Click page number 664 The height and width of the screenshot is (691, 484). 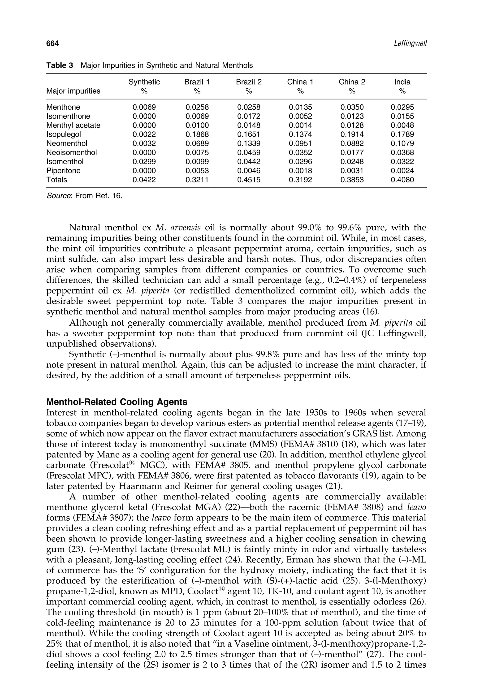click(52, 44)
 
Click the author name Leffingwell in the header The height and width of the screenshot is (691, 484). click(410, 44)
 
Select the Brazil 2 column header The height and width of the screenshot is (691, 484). click(249, 82)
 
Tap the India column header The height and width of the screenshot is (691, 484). click(402, 82)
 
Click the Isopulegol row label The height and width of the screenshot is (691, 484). click(64, 134)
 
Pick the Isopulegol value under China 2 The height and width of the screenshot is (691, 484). click(352, 134)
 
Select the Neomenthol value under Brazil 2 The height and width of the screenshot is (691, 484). click(249, 143)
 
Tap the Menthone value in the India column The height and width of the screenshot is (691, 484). click(402, 107)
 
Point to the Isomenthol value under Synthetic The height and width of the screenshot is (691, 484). click(144, 162)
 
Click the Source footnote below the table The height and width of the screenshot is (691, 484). click(84, 196)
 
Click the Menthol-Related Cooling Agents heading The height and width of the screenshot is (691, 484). click(117, 402)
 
